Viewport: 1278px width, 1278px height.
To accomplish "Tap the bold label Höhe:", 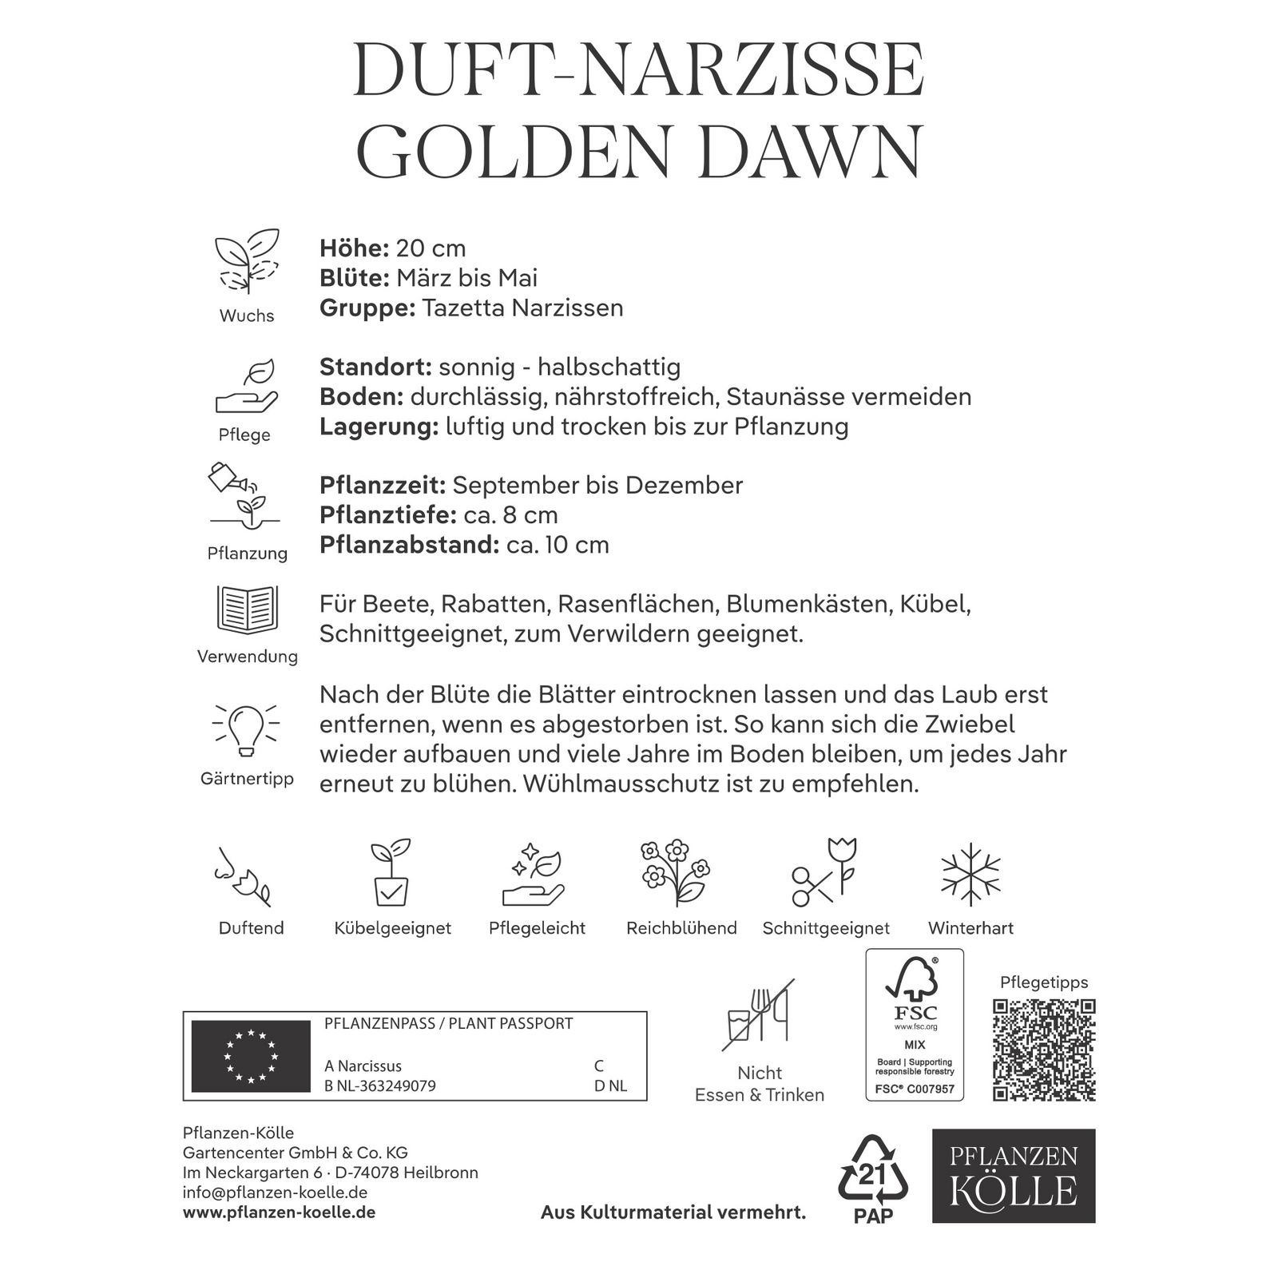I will click(354, 248).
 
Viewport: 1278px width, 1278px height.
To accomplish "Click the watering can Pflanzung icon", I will click(243, 495).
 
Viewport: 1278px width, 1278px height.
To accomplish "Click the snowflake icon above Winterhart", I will click(970, 875).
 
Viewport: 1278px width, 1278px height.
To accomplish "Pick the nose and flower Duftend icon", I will click(242, 876).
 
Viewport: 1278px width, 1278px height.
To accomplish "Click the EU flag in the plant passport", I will click(251, 1056).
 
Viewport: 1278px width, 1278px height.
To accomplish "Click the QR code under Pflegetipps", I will click(1044, 1050).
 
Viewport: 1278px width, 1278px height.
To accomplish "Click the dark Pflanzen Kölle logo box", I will click(1014, 1175).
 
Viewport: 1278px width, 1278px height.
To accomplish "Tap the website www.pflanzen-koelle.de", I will click(280, 1213).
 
